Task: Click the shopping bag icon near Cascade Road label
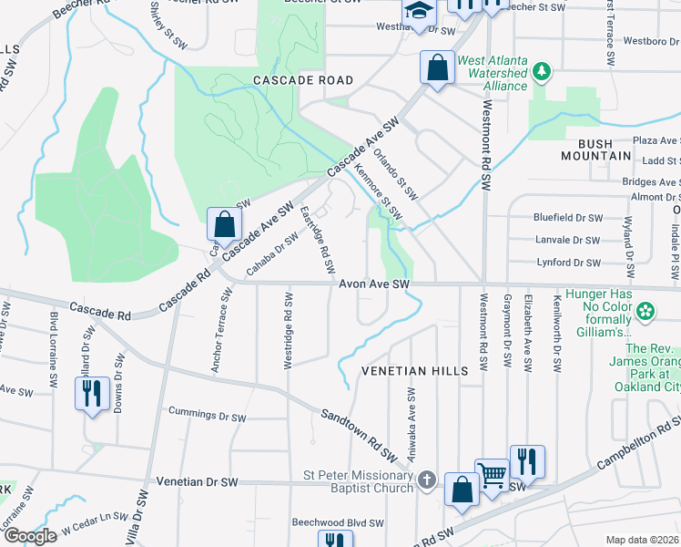coord(437,68)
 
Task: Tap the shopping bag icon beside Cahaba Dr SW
coord(223,224)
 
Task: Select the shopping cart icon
coord(492,473)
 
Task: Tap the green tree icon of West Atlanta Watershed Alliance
coord(543,70)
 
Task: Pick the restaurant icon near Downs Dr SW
coord(93,395)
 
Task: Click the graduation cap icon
coord(419,12)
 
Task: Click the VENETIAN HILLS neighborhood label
coord(414,371)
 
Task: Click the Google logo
coord(30,536)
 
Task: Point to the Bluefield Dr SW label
coord(568,218)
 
